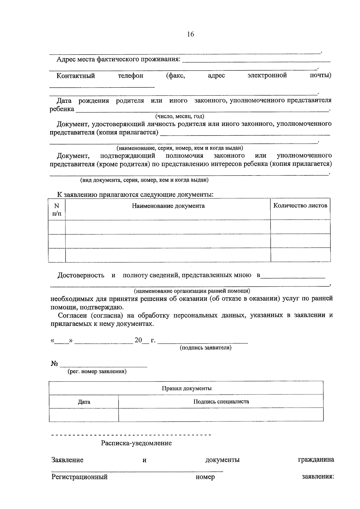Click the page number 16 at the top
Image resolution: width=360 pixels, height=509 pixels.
(190, 34)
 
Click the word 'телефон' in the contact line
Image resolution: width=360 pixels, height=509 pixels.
(130, 76)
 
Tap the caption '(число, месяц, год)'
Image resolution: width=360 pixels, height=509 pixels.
(179, 116)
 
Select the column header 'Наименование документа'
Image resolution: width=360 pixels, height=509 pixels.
(168, 206)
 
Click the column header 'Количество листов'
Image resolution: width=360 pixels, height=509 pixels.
(300, 205)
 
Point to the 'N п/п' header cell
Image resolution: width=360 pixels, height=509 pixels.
(57, 209)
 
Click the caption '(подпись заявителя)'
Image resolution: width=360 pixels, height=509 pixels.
(205, 348)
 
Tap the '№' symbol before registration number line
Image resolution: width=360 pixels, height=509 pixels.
(54, 364)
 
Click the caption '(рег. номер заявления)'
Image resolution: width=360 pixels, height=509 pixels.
(97, 372)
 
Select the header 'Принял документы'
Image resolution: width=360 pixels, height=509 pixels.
(187, 388)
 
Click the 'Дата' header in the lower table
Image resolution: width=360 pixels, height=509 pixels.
(84, 402)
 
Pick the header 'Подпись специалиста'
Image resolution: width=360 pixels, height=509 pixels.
(221, 402)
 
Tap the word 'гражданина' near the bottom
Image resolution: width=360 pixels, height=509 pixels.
(316, 460)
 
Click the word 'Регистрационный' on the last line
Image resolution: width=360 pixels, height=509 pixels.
(79, 477)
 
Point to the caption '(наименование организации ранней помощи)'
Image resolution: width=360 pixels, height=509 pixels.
(192, 291)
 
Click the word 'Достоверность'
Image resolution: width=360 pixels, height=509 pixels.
(81, 275)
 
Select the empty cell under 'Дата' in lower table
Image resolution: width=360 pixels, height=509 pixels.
(84, 415)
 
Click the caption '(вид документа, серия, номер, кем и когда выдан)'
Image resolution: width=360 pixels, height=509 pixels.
(144, 180)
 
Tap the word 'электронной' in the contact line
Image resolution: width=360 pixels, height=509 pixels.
(267, 75)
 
